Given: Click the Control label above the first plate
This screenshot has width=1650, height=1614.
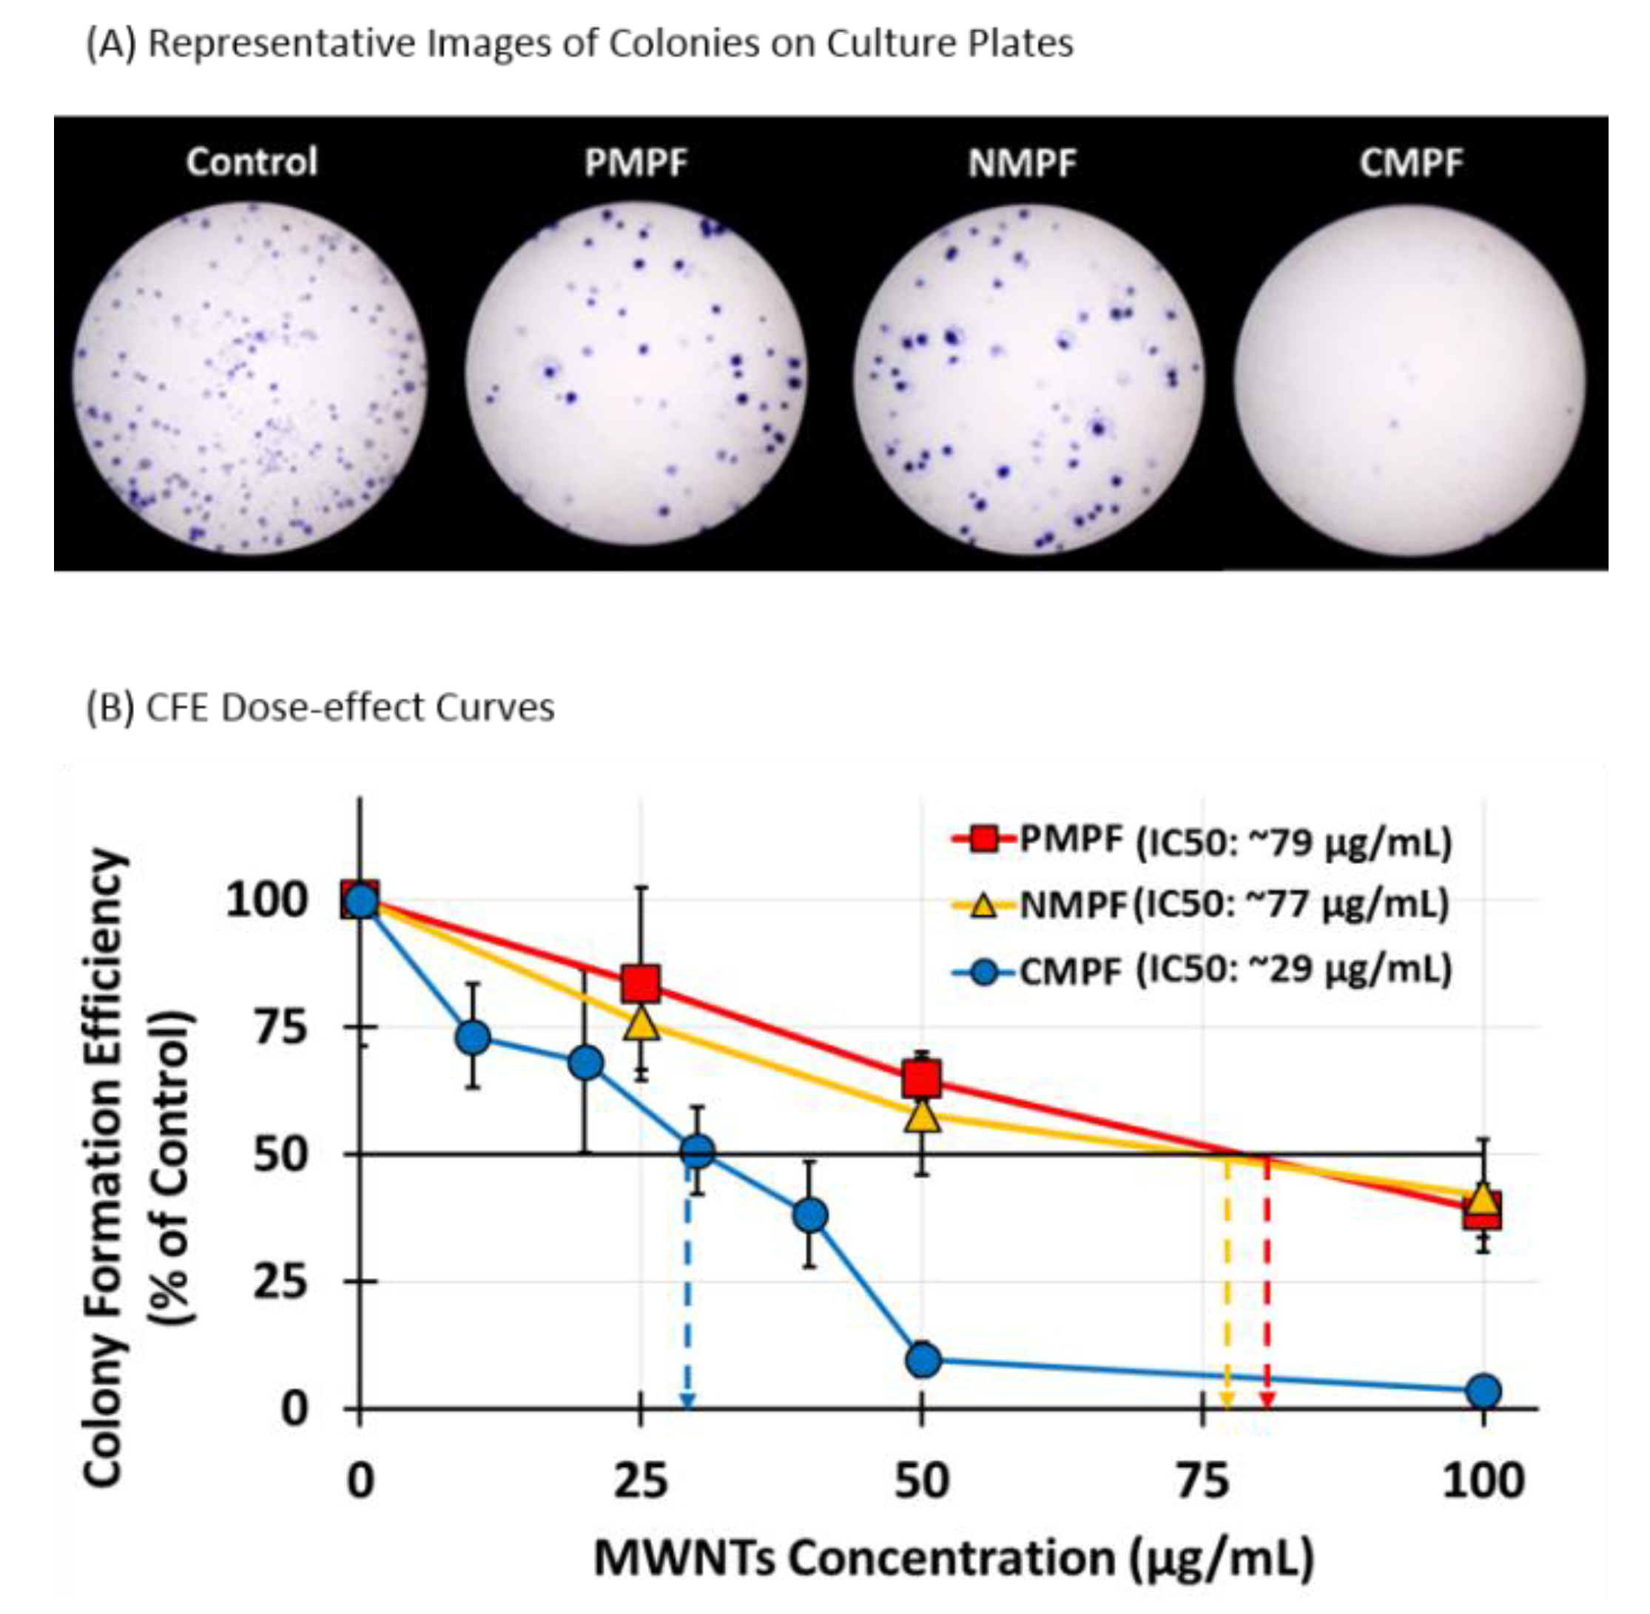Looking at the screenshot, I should pos(251,161).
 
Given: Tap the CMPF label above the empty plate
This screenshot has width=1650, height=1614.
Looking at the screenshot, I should pos(1411,162).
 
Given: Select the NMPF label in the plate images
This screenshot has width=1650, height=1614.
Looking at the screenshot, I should pos(1022,162).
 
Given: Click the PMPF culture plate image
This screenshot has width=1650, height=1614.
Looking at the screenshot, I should pos(636,377).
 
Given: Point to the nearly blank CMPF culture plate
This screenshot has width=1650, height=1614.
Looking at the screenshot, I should pos(1410,379).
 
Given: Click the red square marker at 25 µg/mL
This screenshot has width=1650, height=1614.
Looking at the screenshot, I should pos(640,983).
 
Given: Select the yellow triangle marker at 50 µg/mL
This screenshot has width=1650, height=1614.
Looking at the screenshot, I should pos(923,1116).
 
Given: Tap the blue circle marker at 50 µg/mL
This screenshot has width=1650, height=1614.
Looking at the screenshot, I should pos(923,1360).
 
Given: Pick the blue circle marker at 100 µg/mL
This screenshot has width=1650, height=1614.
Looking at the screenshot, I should pos(1483,1391).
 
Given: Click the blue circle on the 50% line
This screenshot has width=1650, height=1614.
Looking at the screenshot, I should pos(697,1151).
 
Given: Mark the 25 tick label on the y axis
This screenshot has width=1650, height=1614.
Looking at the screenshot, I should pos(280,1281).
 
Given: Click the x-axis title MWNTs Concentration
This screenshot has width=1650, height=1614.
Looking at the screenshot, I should pos(954,1557).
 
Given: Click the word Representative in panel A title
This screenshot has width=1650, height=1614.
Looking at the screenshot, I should pos(283,42).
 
